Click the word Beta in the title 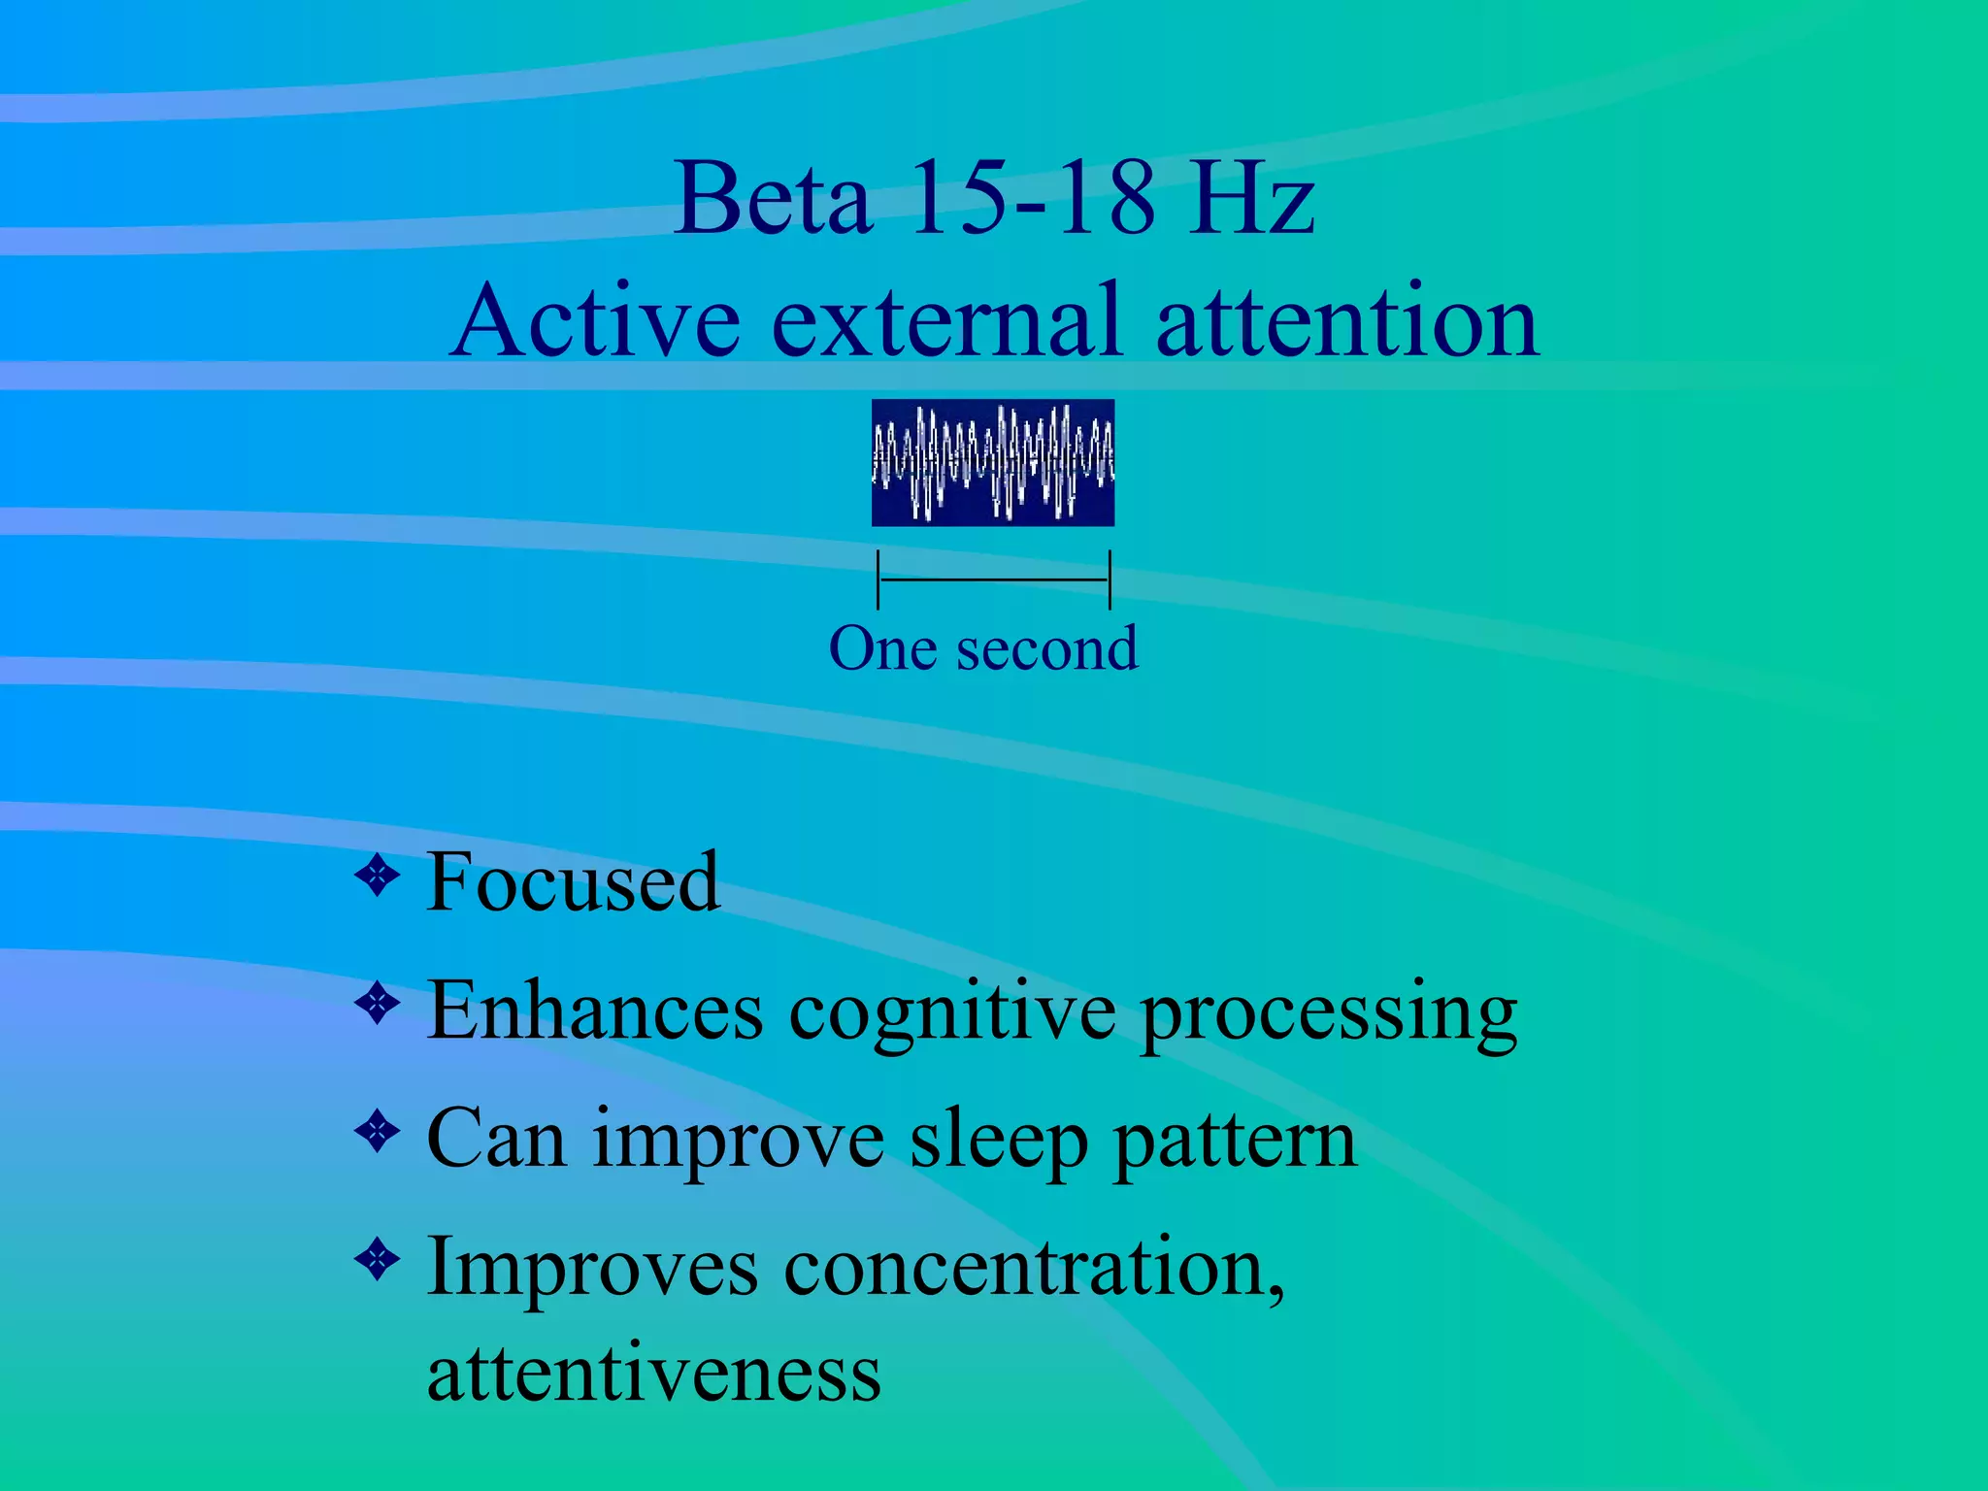[x=773, y=199]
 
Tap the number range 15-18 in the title [x=1033, y=199]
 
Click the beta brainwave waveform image [x=992, y=462]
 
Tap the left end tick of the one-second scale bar [x=878, y=580]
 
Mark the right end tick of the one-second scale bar [x=1109, y=580]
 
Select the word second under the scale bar [x=1046, y=648]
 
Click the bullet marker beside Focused [x=378, y=877]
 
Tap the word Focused [x=573, y=882]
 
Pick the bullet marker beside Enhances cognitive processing [x=378, y=1005]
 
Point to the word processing [x=1328, y=1014]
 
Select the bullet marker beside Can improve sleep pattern [x=378, y=1131]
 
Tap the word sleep [x=999, y=1142]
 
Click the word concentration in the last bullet [x=1033, y=1268]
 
